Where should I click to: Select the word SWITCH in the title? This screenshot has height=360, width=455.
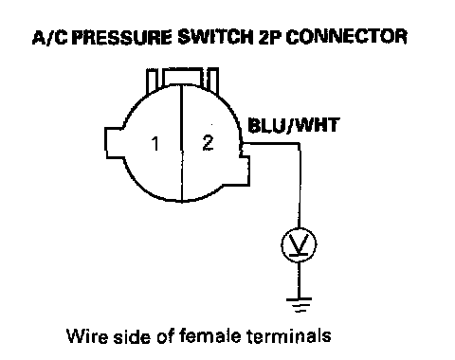pos(216,37)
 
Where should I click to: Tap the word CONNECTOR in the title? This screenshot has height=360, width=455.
pos(346,37)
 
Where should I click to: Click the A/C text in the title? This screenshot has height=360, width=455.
pos(50,37)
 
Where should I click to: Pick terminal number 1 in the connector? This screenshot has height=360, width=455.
pos(155,144)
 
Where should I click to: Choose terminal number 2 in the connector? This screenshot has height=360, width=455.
pos(208,143)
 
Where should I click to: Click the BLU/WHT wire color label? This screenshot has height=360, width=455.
pos(294,125)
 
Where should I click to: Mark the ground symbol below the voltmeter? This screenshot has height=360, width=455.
pos(299,305)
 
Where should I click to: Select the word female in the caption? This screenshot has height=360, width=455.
pos(210,335)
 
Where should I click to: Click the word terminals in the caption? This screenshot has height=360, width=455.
pos(288,336)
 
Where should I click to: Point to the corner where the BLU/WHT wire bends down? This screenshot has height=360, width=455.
pos(299,144)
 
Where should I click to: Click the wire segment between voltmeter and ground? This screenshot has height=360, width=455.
pos(299,279)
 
